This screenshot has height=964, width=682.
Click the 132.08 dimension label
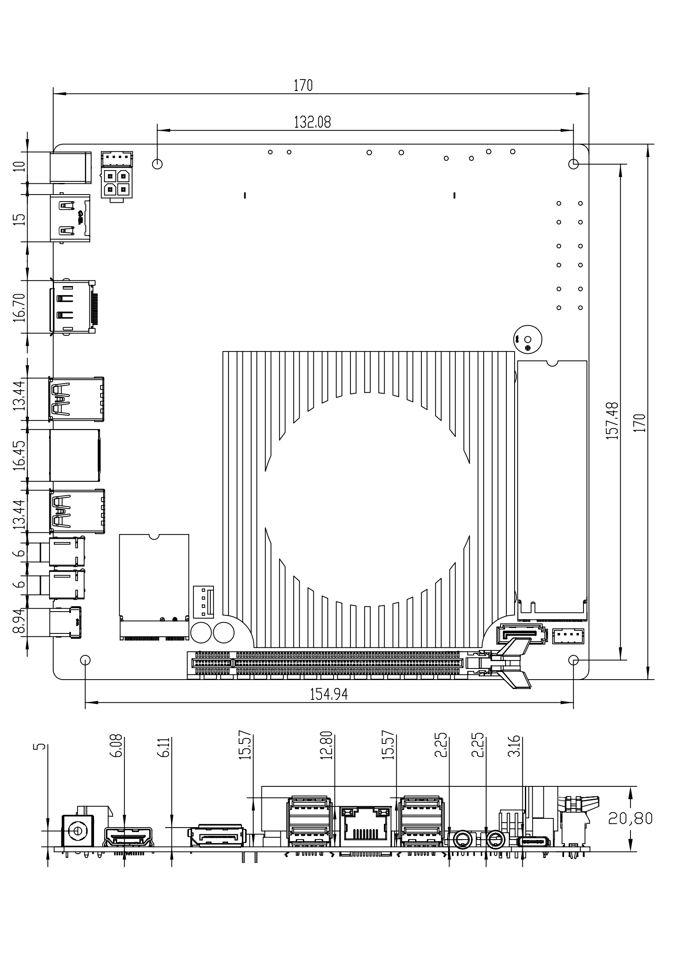[x=312, y=122]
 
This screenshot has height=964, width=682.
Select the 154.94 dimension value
[x=329, y=695]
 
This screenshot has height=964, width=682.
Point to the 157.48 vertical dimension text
[x=613, y=421]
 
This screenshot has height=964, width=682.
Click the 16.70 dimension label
[x=20, y=307]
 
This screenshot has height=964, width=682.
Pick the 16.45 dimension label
[x=20, y=455]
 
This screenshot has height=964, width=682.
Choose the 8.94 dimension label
[x=20, y=622]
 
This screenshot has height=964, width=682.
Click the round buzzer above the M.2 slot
[x=527, y=339]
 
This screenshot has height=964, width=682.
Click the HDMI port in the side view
[x=129, y=837]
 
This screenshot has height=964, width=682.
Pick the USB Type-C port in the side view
[x=534, y=842]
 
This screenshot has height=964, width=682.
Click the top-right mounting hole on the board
[x=573, y=164]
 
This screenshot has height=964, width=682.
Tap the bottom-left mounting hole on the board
[x=85, y=660]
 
